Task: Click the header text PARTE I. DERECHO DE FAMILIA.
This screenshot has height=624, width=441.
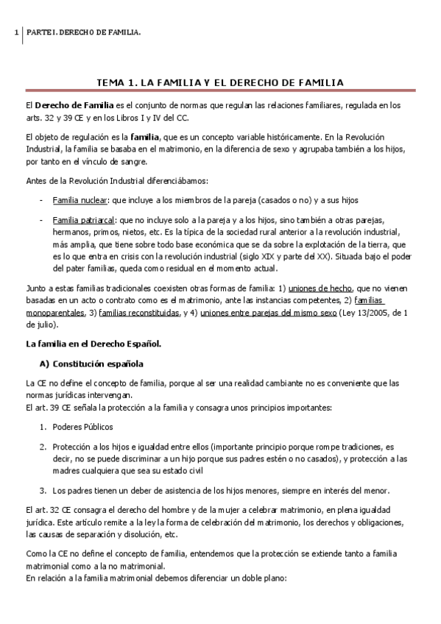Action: tap(83, 33)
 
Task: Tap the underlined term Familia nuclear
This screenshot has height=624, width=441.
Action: tap(80, 199)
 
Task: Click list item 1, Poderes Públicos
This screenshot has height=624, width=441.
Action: tap(82, 427)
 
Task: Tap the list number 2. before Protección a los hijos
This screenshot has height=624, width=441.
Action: tap(43, 446)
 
